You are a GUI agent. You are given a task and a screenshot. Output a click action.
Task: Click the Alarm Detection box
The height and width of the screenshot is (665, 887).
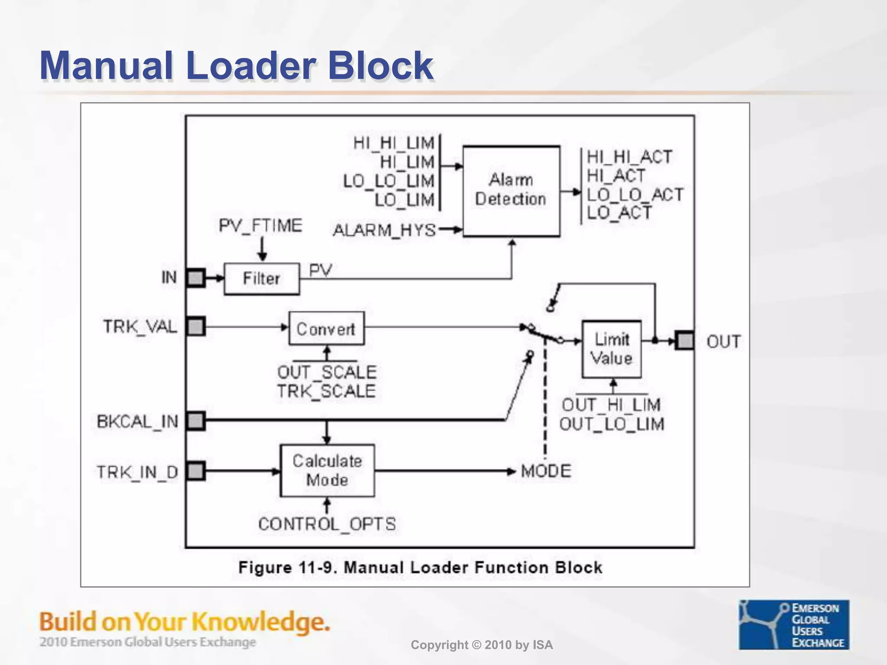[511, 191]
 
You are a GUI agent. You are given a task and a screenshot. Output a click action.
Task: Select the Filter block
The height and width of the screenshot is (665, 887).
[262, 278]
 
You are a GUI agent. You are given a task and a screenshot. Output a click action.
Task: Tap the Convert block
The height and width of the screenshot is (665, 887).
[326, 329]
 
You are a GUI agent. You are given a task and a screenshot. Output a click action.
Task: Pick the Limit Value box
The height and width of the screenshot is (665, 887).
[612, 349]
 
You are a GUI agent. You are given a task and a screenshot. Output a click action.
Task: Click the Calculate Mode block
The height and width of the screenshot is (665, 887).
[327, 471]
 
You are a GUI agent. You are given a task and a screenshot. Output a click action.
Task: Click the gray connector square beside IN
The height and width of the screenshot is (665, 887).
[196, 278]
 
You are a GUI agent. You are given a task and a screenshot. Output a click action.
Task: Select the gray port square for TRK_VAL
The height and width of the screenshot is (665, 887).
[196, 326]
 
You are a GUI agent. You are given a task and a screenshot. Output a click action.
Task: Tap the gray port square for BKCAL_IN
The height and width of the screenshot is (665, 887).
[196, 421]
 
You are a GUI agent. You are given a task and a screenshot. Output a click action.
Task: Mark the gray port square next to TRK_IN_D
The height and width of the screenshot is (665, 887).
[196, 471]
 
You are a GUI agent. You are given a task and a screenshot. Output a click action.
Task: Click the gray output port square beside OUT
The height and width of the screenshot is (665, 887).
[685, 341]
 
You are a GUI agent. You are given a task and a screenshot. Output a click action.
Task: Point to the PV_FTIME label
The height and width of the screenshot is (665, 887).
[260, 226]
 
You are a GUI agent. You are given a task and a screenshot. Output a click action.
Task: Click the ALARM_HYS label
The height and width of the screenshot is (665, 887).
[384, 230]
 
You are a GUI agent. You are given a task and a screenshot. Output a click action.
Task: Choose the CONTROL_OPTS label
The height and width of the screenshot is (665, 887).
[327, 524]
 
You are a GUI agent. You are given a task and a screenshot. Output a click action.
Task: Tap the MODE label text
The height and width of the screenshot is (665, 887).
[546, 471]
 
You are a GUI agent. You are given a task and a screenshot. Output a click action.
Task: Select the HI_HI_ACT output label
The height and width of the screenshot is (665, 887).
[629, 157]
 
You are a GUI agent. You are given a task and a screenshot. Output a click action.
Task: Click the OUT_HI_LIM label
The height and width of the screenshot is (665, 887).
[611, 405]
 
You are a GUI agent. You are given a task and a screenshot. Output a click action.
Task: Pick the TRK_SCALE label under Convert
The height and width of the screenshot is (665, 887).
[326, 391]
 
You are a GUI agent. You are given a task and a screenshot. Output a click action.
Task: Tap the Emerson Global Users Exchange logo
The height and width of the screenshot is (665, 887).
[794, 624]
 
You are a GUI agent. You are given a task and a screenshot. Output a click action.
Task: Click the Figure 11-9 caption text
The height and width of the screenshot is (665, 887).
[420, 567]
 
